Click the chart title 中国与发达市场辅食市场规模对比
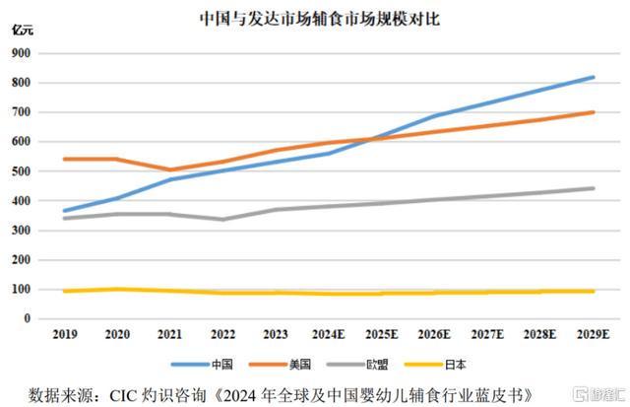(x=315, y=17)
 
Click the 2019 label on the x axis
(x=65, y=336)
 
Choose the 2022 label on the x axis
(x=223, y=336)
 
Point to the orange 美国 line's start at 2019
(x=65, y=159)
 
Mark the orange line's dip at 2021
(x=170, y=170)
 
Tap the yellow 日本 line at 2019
(x=65, y=291)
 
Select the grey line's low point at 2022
(x=223, y=219)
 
